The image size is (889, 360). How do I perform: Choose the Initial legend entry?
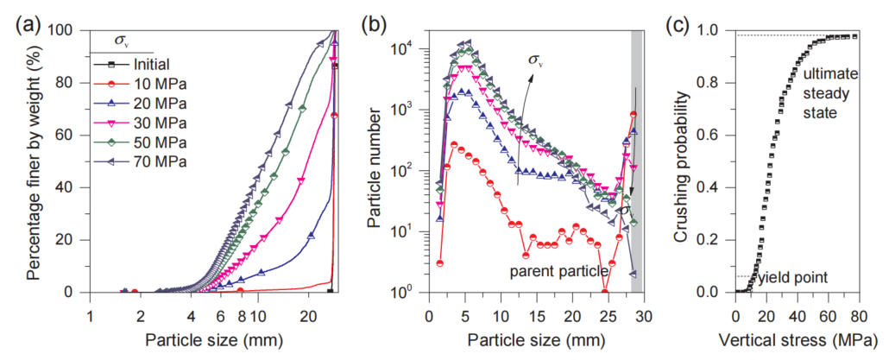tap(154, 64)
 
